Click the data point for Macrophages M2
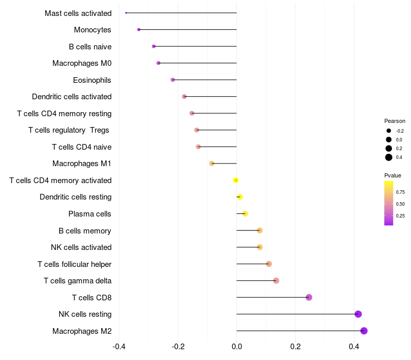point(364,331)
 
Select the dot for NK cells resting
point(358,314)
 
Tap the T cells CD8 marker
point(309,297)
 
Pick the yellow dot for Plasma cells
point(245,214)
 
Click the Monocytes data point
point(139,30)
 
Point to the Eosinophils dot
point(173,80)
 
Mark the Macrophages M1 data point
point(212,164)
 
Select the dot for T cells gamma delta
point(276,281)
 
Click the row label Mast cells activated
point(78,13)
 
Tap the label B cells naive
point(90,47)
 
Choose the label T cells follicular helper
point(74,264)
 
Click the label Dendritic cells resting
point(76,197)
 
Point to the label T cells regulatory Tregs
point(70,130)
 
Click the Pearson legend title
point(395,121)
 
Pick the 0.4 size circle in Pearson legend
point(389,157)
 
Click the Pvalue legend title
point(393,175)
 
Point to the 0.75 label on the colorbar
point(400,192)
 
